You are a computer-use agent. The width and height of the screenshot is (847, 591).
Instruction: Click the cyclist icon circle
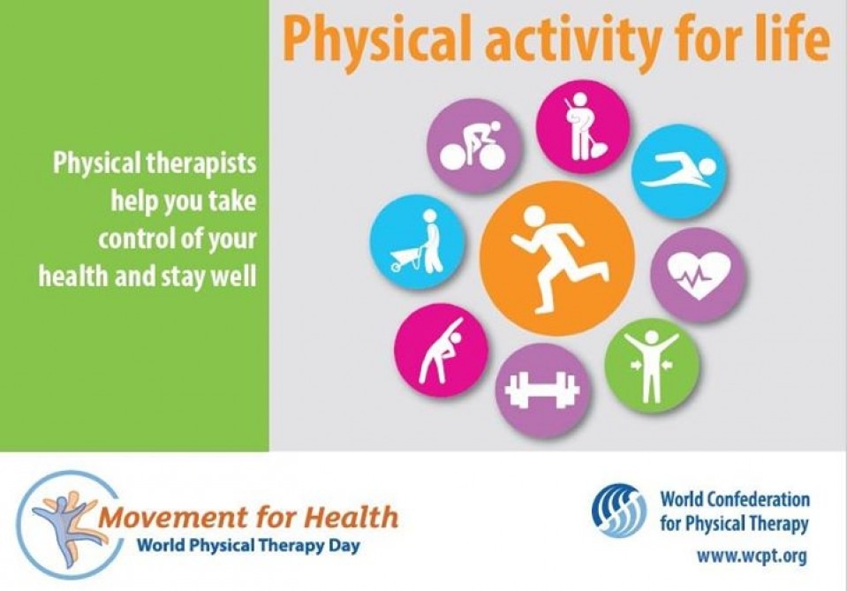tap(474, 146)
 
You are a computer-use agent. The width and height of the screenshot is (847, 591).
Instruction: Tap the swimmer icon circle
tap(678, 171)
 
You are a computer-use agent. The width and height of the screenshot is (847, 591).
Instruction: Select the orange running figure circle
tap(557, 258)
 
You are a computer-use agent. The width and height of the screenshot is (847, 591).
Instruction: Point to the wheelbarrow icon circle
tap(418, 241)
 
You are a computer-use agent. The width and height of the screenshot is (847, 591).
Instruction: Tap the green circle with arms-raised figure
tap(652, 366)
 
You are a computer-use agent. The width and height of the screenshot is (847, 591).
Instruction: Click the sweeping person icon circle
tap(583, 127)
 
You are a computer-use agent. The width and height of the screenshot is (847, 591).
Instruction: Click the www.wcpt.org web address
tap(752, 556)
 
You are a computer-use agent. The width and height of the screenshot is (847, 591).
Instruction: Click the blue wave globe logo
tap(618, 510)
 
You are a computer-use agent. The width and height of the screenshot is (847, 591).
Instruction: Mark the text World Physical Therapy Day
tap(248, 545)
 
